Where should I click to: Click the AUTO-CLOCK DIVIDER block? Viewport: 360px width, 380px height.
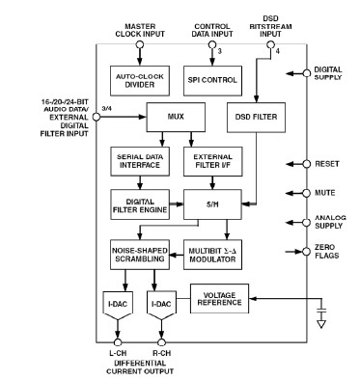coord(140,81)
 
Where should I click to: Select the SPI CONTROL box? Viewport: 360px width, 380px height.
coord(212,81)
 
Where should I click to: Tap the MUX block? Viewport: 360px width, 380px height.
coord(176,117)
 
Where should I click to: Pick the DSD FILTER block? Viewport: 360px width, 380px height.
coord(256,118)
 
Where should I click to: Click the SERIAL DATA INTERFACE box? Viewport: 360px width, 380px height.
coord(140,161)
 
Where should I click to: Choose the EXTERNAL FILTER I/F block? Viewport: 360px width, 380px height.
coord(213,161)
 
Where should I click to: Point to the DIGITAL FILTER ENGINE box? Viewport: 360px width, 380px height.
coord(140,204)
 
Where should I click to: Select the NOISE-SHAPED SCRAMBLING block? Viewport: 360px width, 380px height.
coord(140,255)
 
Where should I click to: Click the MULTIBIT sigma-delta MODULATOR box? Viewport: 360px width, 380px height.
coord(213,255)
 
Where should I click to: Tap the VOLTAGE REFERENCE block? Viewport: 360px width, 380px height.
coord(219,299)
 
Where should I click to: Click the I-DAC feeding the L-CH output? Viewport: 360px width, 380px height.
coord(118,306)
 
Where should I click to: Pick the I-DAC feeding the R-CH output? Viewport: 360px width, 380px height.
coord(161,306)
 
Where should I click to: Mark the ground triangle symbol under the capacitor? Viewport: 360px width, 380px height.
coord(321,324)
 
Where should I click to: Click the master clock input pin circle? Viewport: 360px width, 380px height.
coord(140,44)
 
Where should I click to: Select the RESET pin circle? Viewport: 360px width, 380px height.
coord(307,164)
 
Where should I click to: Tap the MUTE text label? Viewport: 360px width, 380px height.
coord(325,193)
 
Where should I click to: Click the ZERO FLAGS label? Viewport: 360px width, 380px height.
coord(327,252)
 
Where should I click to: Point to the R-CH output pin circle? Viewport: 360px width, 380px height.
coord(161,342)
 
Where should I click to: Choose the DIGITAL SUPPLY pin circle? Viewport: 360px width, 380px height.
coord(307,73)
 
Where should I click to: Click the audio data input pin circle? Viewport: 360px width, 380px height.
coord(97,117)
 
